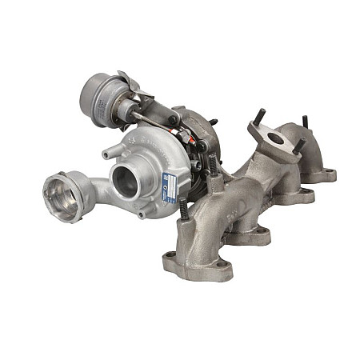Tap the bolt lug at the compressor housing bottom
[142, 214]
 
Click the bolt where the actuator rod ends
[174, 122]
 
